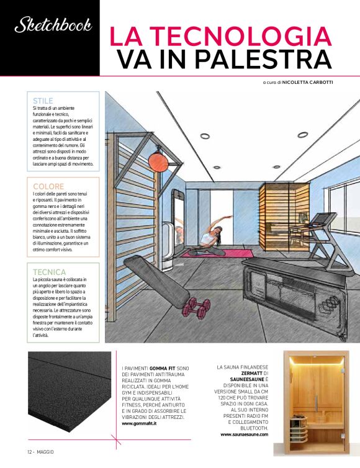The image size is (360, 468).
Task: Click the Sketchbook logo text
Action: [x=53, y=25]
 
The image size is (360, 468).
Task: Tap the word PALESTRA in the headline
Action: [x=259, y=59]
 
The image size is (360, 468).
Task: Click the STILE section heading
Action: [x=43, y=101]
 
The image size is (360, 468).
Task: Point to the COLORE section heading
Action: [x=48, y=186]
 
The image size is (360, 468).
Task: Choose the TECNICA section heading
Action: [x=50, y=272]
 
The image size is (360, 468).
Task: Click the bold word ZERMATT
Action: [x=242, y=373]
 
